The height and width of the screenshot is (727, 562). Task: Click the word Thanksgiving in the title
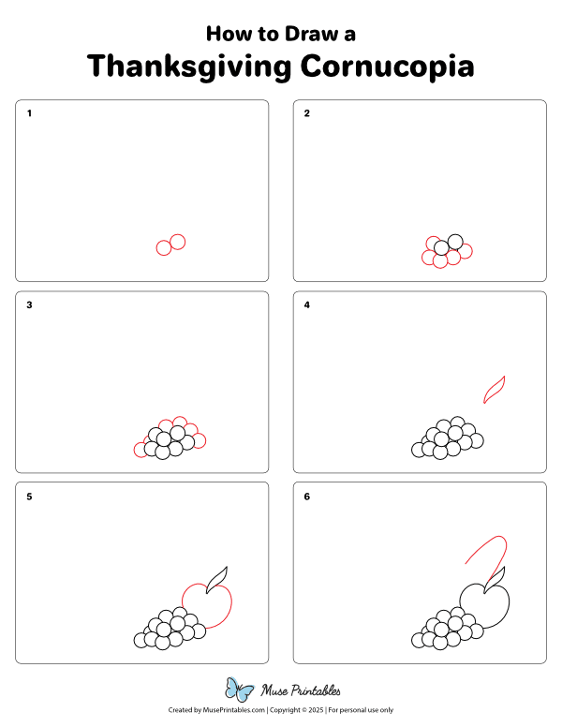coord(189,67)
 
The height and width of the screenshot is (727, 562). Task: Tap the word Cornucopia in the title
coord(387,67)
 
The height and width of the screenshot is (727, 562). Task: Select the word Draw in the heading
coord(312,34)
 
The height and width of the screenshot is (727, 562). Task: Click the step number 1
coord(29,113)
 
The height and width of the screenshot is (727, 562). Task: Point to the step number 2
coord(307,113)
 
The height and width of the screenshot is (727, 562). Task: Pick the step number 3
coord(29,305)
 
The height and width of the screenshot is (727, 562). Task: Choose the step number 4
coord(307,305)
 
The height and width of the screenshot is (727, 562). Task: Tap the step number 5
coord(29,497)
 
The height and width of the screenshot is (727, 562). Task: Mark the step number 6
coord(307,497)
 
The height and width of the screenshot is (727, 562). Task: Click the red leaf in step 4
coord(495,389)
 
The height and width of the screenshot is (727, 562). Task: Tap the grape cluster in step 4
coord(448,438)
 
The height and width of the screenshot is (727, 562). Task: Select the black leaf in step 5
coord(217,580)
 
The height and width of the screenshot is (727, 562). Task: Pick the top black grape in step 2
coord(455,242)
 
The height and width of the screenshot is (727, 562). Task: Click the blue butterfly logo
coord(239,690)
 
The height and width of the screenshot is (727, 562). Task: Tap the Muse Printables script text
coord(301,690)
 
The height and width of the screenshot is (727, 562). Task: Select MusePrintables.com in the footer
coord(234,710)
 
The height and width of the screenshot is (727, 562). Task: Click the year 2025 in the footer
coord(316,710)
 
